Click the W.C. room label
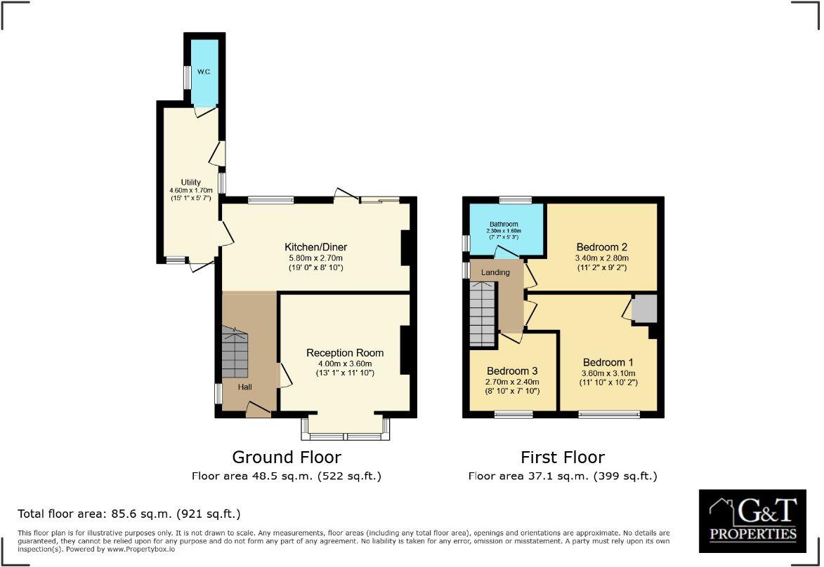coord(204,72)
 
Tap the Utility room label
coord(190,182)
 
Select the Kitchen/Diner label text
coord(315,247)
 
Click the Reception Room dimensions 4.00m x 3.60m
coord(345,363)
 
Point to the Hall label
coord(244,387)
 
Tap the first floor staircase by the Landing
coord(483,314)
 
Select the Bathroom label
coord(504,224)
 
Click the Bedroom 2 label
coord(601,247)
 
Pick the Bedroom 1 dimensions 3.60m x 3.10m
coord(608,373)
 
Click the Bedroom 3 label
coord(512,371)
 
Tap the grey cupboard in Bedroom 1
coord(644,309)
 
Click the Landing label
coord(495,272)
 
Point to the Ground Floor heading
coord(287,458)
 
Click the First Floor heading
coord(562,458)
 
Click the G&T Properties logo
coord(753,521)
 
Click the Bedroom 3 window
coord(514,415)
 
